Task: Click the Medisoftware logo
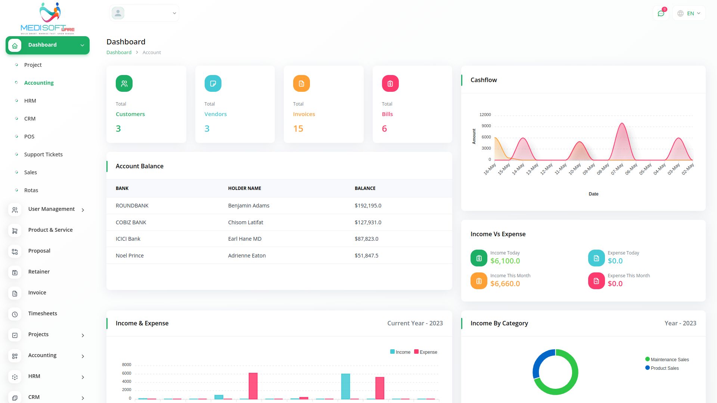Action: (x=47, y=18)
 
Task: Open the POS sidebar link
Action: (x=29, y=137)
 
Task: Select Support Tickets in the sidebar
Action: (x=43, y=154)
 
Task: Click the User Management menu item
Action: (x=51, y=209)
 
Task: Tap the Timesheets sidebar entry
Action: (x=43, y=313)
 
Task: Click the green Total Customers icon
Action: (x=124, y=84)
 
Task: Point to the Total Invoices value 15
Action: (x=298, y=129)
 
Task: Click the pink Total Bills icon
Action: (x=390, y=84)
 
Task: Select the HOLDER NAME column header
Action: (x=245, y=188)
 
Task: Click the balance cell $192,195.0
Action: (x=368, y=206)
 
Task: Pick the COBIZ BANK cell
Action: (x=131, y=222)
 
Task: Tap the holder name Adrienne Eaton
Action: (x=247, y=256)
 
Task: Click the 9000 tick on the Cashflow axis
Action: (x=486, y=126)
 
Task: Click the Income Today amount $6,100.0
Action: (x=505, y=261)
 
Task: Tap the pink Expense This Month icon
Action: (x=596, y=281)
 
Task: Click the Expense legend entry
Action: (x=426, y=352)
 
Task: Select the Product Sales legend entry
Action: (x=664, y=368)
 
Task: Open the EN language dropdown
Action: (x=689, y=13)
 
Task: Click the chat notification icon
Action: (x=661, y=13)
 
